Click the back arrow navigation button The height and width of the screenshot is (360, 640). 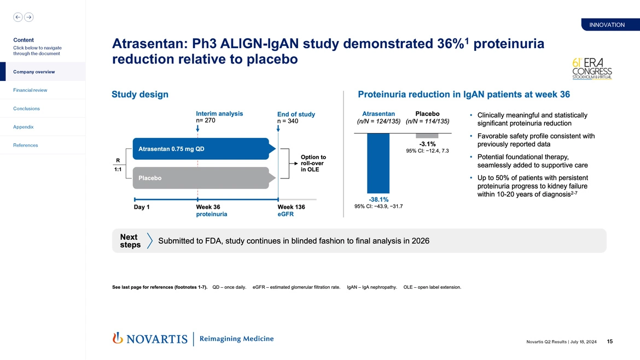click(18, 17)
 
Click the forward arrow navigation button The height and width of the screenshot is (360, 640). click(28, 17)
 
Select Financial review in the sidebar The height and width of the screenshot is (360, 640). click(31, 90)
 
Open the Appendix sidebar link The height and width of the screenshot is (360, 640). click(24, 127)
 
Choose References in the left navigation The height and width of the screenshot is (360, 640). click(25, 146)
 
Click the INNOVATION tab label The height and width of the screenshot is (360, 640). click(607, 25)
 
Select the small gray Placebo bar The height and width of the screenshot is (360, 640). click(427, 136)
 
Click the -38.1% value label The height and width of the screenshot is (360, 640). click(378, 200)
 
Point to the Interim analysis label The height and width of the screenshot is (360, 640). click(219, 114)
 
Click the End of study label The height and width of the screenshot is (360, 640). click(296, 114)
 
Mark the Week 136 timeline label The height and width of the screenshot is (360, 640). click(291, 207)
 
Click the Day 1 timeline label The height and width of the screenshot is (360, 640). click(142, 207)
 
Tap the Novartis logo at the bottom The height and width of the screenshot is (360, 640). click(150, 339)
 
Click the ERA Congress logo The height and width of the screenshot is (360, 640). click(591, 69)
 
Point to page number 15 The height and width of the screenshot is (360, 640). click(609, 342)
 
